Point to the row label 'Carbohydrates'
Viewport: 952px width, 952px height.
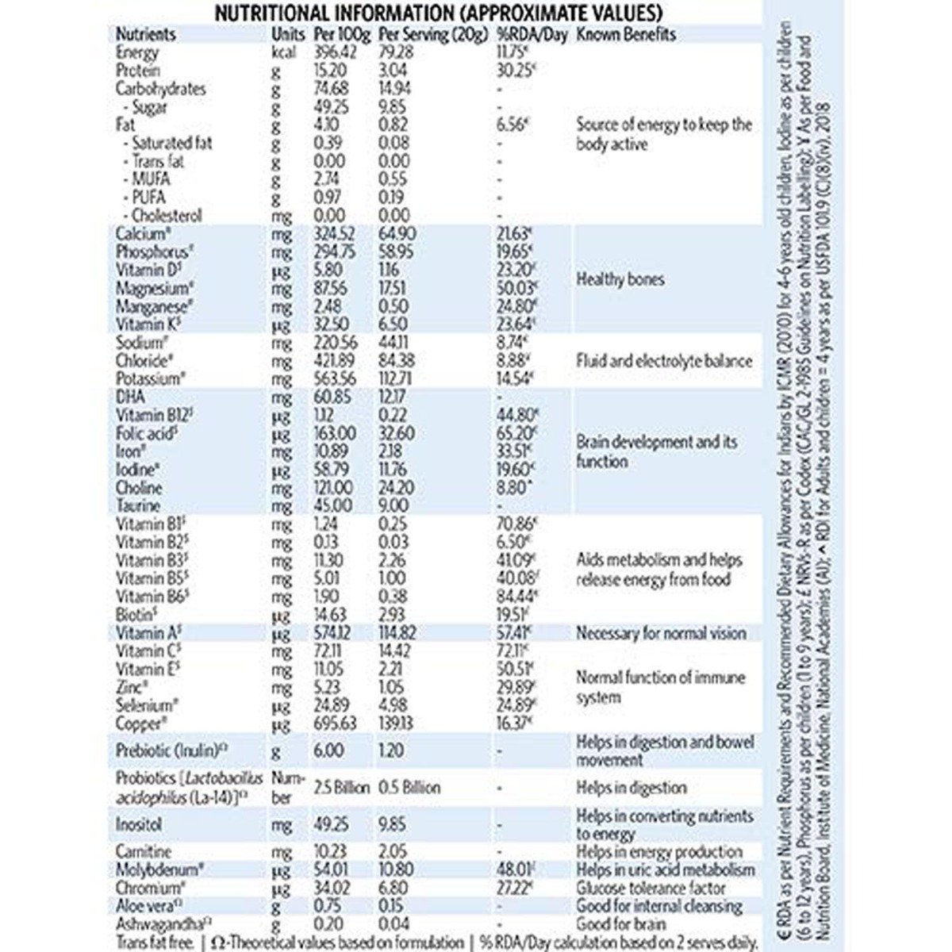[x=160, y=89]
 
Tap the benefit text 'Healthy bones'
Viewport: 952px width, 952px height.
[x=620, y=279]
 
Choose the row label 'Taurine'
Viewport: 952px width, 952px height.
[x=138, y=506]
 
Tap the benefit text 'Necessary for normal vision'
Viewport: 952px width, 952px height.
[x=661, y=633]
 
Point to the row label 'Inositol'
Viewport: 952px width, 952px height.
[x=140, y=825]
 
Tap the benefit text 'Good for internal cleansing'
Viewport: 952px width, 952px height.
[x=659, y=906]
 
